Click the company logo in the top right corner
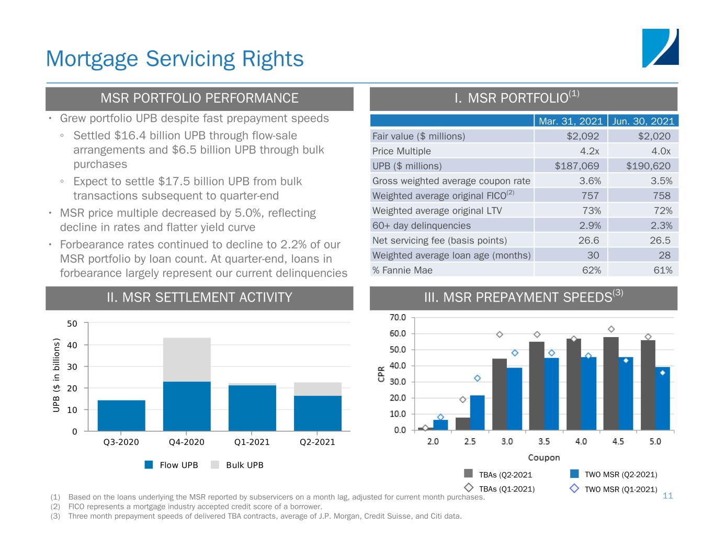pyautogui.click(x=660, y=48)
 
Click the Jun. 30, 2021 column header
pyautogui.click(x=643, y=121)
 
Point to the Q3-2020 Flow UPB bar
pyautogui.click(x=121, y=416)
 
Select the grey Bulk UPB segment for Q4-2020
pyautogui.click(x=187, y=360)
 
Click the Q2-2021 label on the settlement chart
pyautogui.click(x=317, y=442)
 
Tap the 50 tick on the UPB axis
pyautogui.click(x=72, y=323)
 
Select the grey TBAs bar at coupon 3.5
pyautogui.click(x=537, y=386)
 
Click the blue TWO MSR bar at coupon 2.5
pyautogui.click(x=477, y=412)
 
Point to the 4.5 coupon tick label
pyautogui.click(x=618, y=441)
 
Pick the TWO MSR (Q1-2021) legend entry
pyautogui.click(x=614, y=489)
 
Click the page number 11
pyautogui.click(x=667, y=495)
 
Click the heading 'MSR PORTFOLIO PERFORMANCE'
pyautogui.click(x=199, y=98)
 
